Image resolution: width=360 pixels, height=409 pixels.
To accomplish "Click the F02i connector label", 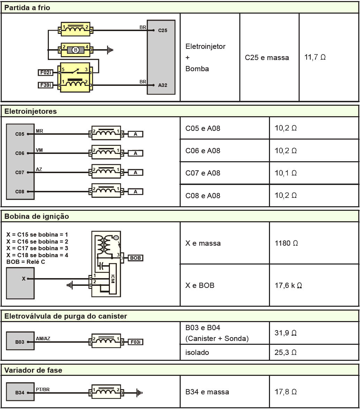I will [x=45, y=73].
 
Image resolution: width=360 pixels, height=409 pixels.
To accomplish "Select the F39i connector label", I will [x=45, y=85].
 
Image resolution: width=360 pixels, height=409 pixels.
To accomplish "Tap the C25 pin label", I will [x=163, y=30].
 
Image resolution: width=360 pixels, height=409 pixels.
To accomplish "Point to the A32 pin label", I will [x=163, y=85].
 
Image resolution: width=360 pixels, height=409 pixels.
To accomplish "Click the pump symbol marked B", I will [x=75, y=50].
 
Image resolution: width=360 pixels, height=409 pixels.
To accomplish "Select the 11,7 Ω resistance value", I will [x=315, y=57].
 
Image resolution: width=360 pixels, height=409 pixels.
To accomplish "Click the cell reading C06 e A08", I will [x=203, y=151].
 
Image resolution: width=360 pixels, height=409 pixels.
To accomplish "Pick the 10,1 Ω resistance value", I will [x=285, y=173].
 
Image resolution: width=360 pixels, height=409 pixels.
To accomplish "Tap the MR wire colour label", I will [x=39, y=131].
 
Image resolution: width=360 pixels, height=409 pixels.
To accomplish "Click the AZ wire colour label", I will [x=39, y=169].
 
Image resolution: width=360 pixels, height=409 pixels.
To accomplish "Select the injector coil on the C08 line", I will [x=106, y=191].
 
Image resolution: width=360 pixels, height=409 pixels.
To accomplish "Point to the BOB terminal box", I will [x=135, y=258].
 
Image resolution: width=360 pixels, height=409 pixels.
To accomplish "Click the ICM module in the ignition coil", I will [x=112, y=279].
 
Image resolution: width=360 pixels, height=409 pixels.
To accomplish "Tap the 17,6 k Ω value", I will [x=288, y=285].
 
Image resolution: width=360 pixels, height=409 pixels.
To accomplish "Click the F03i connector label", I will [x=135, y=342].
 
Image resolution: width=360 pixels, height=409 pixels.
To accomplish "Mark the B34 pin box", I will [x=20, y=393].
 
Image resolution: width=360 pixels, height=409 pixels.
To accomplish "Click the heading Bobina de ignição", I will [x=37, y=216].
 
